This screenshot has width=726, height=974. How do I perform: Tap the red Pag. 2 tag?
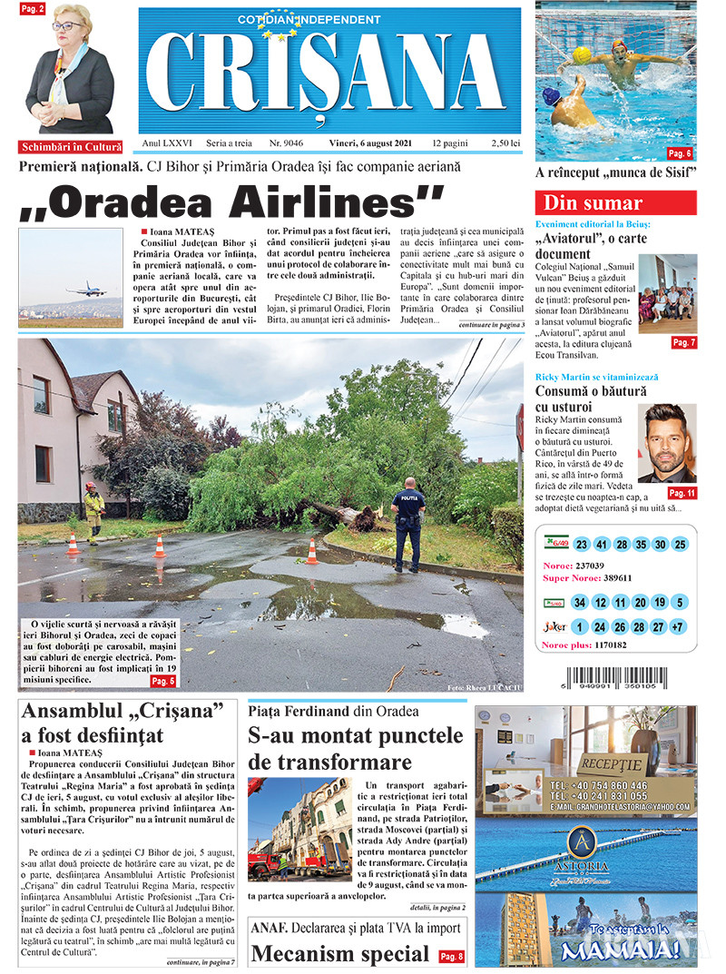point(32,8)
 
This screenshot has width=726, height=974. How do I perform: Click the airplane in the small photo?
point(86,289)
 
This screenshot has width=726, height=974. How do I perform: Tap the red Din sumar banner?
point(615,202)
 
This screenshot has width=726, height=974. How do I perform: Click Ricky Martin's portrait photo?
point(667,443)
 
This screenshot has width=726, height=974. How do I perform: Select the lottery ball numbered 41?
point(602,545)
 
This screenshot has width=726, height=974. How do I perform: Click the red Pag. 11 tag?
point(682,493)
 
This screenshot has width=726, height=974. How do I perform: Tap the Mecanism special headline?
point(339,954)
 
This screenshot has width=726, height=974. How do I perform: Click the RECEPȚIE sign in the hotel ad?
point(612,762)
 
